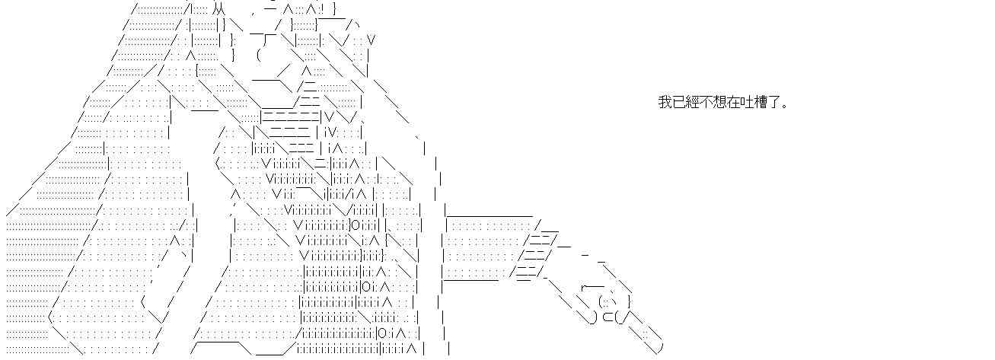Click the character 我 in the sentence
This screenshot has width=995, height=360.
pos(665,102)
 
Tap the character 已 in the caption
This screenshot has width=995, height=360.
pos(678,102)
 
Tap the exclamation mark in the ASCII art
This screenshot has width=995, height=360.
pos(323,10)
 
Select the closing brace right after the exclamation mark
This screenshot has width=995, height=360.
pos(333,10)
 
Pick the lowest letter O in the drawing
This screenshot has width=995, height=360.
pos(381,333)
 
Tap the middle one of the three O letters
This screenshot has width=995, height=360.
pos(367,287)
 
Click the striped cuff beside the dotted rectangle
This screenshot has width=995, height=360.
pos(537,251)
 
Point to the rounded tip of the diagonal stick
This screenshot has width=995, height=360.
pos(656,347)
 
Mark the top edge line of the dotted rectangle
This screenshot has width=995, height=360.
pos(488,216)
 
